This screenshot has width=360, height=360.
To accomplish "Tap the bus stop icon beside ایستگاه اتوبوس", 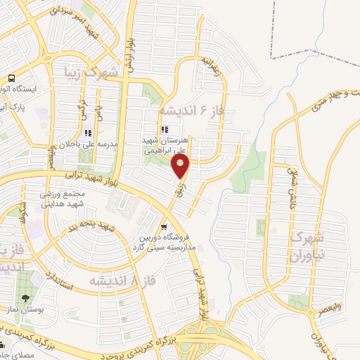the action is click(12, 79).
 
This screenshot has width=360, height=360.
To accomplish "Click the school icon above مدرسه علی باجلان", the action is click(87, 132).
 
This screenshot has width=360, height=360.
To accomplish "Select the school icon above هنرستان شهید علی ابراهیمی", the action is click(165, 129).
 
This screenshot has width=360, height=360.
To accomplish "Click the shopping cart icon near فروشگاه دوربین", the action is click(164, 226).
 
